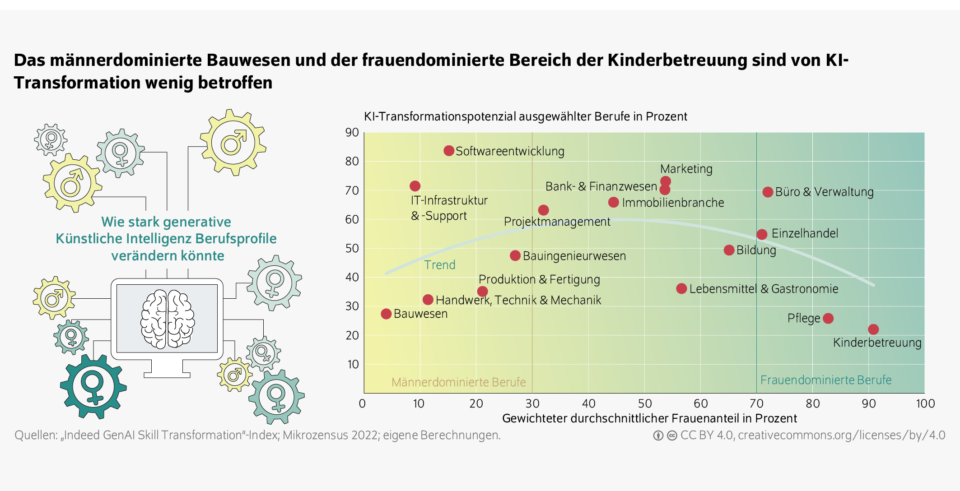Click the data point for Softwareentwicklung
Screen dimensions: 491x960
pos(448,151)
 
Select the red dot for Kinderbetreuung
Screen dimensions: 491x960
pos(873,329)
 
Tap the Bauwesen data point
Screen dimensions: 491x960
pos(386,314)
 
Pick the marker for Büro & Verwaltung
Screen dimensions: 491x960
pos(767,192)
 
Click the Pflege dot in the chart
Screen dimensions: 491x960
pos(828,318)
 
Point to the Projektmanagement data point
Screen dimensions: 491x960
pos(543,210)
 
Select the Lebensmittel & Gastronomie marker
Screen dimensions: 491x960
pos(681,288)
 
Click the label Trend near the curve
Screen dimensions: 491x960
pos(439,265)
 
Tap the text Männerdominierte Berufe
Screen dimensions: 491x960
pos(458,382)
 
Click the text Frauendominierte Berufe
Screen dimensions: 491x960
pos(825,380)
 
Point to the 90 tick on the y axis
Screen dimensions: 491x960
pos(352,133)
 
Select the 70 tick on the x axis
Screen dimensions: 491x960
pos(756,403)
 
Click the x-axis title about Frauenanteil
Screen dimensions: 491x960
pos(649,418)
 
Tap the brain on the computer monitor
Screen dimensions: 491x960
pos(168,319)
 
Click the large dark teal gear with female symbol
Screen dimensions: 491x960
pos(93,387)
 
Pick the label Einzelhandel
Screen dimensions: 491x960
pos(804,233)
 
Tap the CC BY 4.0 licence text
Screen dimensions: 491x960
pos(706,435)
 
